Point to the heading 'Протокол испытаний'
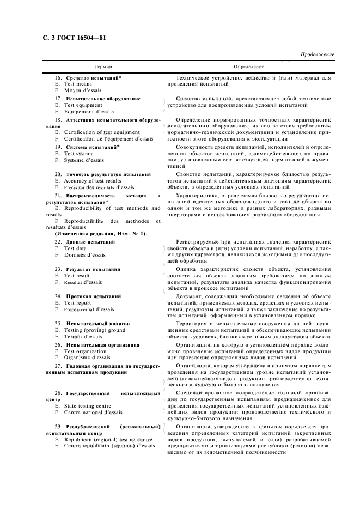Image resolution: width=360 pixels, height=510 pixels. [x=93, y=296]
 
